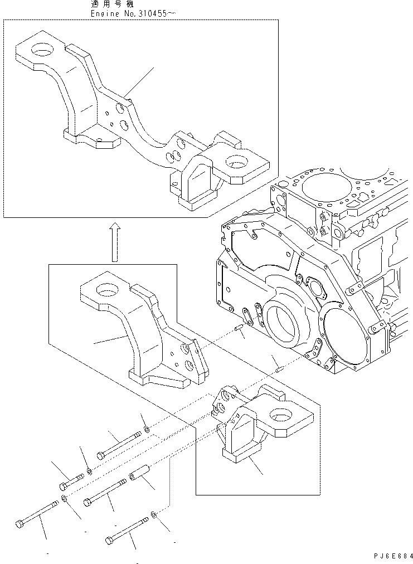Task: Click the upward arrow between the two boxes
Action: (114, 241)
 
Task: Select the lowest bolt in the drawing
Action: (128, 534)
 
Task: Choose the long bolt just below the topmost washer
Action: (118, 446)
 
